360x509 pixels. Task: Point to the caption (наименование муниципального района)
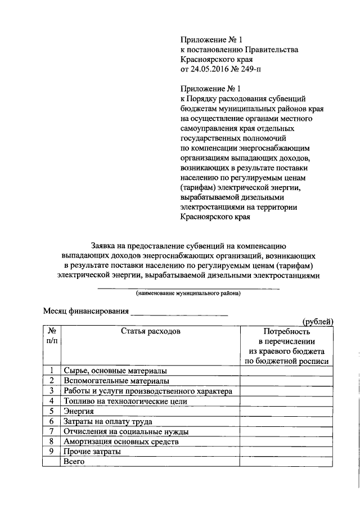[x=188, y=293]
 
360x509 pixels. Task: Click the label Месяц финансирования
[x=86, y=310]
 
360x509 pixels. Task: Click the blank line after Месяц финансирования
[x=180, y=311]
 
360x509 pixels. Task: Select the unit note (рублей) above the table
[x=318, y=321]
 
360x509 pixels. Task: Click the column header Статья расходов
[x=150, y=331]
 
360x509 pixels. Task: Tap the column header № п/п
[x=51, y=336]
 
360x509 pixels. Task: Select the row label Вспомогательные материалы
[x=115, y=381]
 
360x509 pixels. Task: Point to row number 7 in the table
[x=51, y=431]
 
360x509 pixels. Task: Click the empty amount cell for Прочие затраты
[x=286, y=452]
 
